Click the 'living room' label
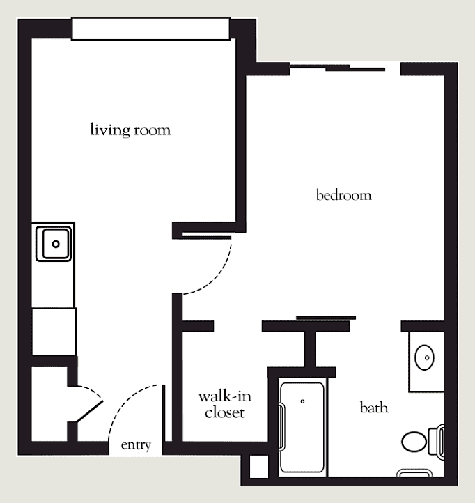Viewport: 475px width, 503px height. click(x=130, y=130)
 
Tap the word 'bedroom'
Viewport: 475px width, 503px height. click(x=344, y=195)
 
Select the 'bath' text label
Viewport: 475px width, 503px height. click(x=374, y=408)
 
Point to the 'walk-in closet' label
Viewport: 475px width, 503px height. click(x=225, y=405)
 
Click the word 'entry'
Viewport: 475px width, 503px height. click(x=136, y=445)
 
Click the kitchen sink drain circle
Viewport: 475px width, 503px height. click(x=56, y=244)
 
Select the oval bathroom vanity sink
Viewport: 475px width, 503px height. click(x=424, y=357)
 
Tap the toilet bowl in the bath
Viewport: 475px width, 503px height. click(x=414, y=442)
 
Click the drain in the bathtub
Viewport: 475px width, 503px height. click(x=302, y=401)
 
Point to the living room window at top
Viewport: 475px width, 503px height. click(x=150, y=29)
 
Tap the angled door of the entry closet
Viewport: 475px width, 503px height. click(x=90, y=411)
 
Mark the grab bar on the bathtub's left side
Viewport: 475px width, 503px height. click(x=282, y=427)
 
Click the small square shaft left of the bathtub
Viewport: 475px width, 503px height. click(x=259, y=467)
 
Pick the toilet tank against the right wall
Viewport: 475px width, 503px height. click(x=437, y=441)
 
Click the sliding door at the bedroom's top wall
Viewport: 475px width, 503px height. click(x=337, y=68)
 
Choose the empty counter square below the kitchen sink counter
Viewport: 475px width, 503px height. click(x=54, y=332)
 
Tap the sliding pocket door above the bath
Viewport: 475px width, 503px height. click(x=326, y=318)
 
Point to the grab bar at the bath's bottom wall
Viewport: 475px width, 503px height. click(x=414, y=472)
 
